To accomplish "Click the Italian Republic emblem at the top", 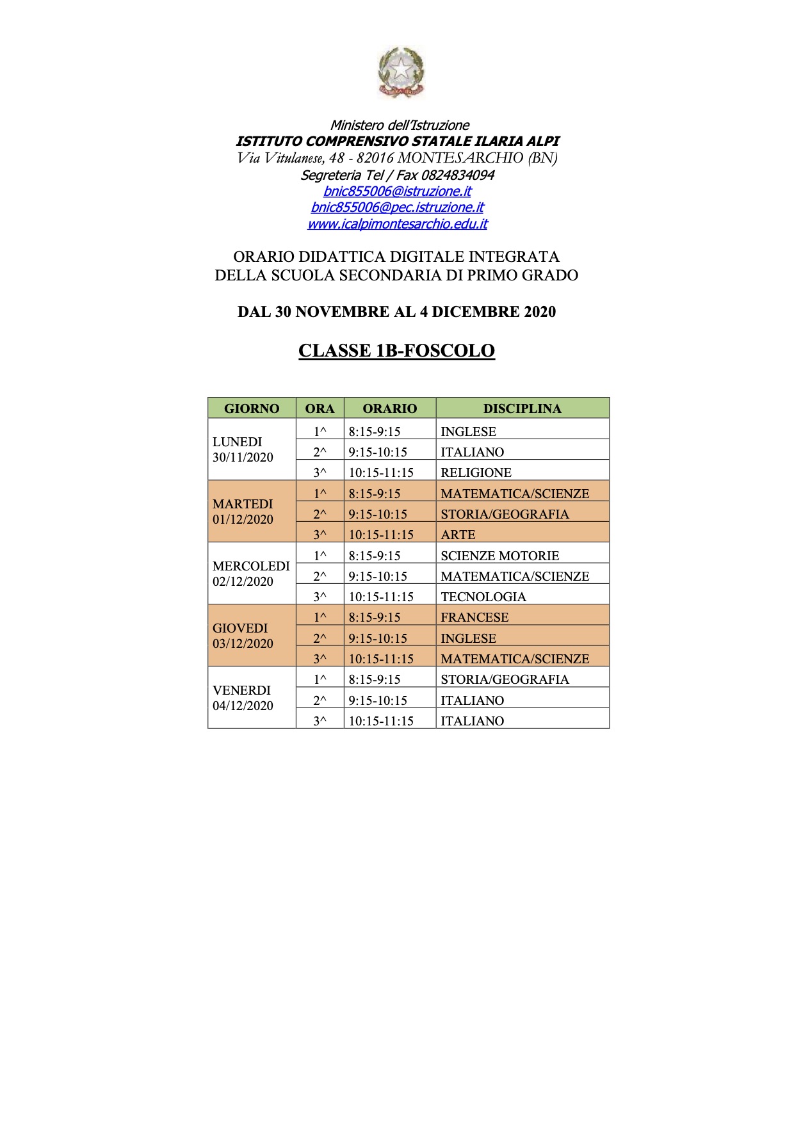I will point(401,72).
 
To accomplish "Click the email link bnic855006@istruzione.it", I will point(397,191).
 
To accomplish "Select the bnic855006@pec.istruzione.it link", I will point(397,207).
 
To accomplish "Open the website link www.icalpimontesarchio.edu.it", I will point(397,224).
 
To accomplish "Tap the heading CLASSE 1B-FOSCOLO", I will point(396,351).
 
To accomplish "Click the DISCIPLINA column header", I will point(522,408).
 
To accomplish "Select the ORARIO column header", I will point(389,408).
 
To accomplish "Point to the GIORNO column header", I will point(252,408).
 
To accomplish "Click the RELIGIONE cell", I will point(476,473).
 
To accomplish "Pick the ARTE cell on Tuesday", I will point(458,535).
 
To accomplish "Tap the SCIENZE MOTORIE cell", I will point(499,556).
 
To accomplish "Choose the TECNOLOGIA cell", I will point(483,597).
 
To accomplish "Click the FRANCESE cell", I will point(474,617).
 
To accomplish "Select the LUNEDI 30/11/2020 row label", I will point(243,449).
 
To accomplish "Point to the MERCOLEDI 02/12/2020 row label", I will point(250,574).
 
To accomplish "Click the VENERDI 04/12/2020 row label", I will point(243,698).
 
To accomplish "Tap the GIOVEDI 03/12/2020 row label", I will point(243,636).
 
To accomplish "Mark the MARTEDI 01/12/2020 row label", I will point(243,512).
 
